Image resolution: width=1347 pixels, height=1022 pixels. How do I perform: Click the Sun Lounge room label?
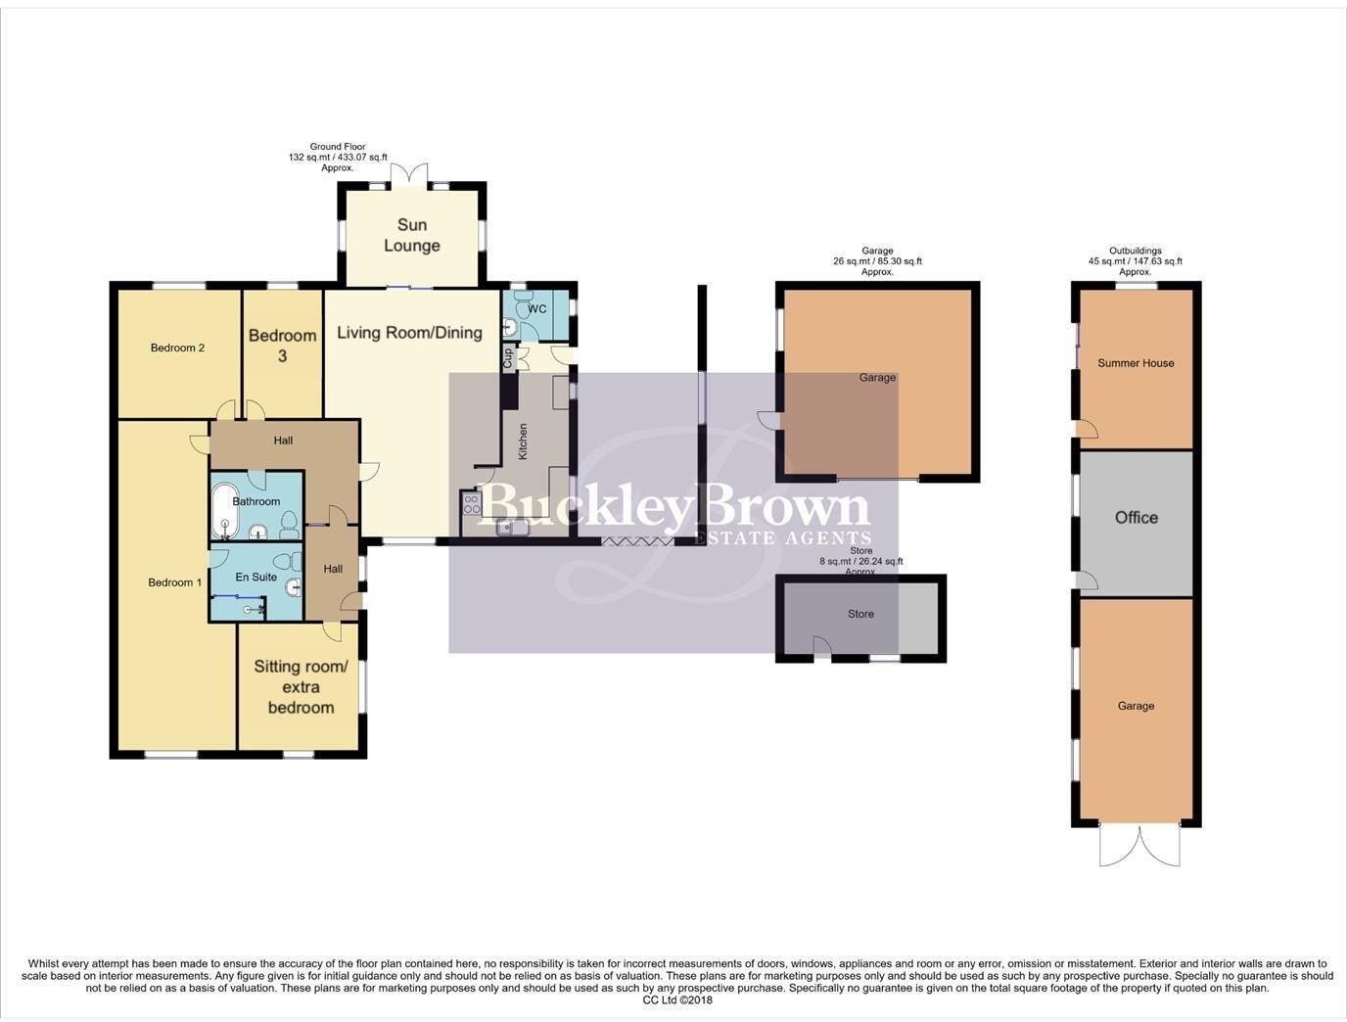pyautogui.click(x=411, y=235)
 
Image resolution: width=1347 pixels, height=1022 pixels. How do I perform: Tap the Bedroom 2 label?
pyautogui.click(x=177, y=348)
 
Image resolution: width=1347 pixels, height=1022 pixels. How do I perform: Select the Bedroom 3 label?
pyautogui.click(x=282, y=346)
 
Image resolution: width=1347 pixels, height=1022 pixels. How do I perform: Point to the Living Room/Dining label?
pyautogui.click(x=409, y=333)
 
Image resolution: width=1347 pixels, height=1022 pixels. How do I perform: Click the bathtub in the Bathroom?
pyautogui.click(x=224, y=510)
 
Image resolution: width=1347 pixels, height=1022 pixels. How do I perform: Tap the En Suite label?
pyautogui.click(x=255, y=577)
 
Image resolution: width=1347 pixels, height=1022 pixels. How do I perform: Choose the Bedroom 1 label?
pyautogui.click(x=174, y=582)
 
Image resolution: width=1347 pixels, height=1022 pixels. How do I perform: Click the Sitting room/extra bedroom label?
pyautogui.click(x=301, y=686)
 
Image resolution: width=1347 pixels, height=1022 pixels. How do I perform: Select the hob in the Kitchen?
pyautogui.click(x=472, y=504)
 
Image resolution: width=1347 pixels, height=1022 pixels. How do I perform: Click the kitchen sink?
pyautogui.click(x=511, y=528)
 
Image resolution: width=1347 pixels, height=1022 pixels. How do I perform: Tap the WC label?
pyautogui.click(x=536, y=309)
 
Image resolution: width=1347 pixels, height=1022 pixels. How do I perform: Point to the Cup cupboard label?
pyautogui.click(x=508, y=357)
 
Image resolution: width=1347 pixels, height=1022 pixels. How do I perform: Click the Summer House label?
pyautogui.click(x=1136, y=363)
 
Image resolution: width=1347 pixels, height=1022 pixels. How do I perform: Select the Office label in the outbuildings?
pyautogui.click(x=1136, y=517)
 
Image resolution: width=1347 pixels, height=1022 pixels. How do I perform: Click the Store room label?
pyautogui.click(x=860, y=614)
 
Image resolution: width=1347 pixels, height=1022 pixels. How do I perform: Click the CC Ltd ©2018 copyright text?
pyautogui.click(x=677, y=1000)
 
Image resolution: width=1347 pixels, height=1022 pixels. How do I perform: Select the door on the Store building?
pyautogui.click(x=822, y=647)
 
